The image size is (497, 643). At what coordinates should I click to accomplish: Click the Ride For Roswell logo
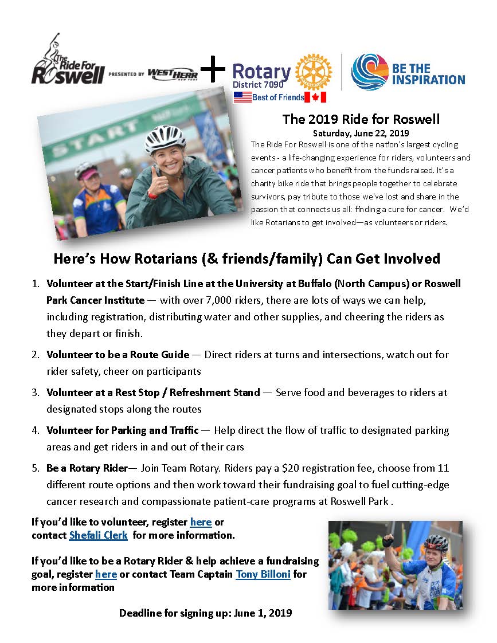[x=68, y=60]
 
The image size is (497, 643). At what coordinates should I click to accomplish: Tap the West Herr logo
[x=173, y=74]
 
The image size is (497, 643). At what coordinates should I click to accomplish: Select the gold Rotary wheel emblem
[x=313, y=72]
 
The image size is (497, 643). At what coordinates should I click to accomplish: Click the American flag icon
[x=242, y=97]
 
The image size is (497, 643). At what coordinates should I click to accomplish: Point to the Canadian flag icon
[x=315, y=97]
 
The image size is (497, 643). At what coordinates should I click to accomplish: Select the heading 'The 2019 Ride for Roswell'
[x=361, y=119]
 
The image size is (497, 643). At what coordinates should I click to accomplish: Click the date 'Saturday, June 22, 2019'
[x=361, y=132]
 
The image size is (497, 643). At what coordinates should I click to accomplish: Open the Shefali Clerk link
[x=98, y=535]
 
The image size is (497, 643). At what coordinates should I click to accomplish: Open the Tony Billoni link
[x=263, y=574]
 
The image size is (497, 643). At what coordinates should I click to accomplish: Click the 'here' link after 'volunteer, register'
[x=201, y=522]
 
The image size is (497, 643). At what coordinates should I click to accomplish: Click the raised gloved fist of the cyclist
[x=388, y=540]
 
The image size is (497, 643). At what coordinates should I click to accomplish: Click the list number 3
[x=36, y=393]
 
